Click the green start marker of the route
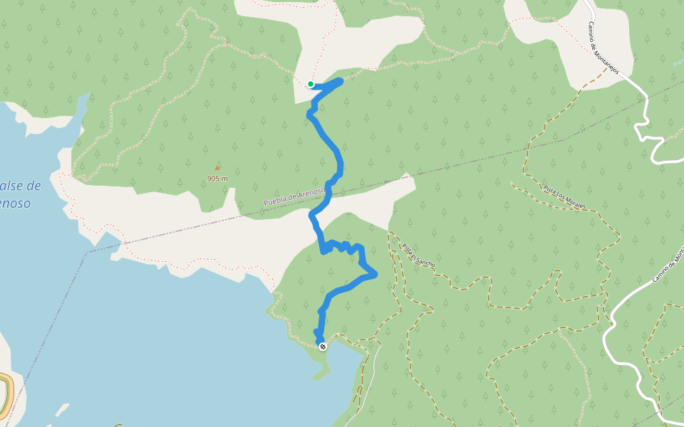(311, 84)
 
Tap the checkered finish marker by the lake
(323, 347)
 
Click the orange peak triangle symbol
(217, 168)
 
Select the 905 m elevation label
(217, 179)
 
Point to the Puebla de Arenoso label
(294, 197)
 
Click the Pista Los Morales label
(565, 197)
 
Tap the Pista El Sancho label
(418, 255)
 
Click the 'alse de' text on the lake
(20, 186)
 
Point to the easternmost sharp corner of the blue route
(375, 273)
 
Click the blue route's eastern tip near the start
(340, 81)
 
